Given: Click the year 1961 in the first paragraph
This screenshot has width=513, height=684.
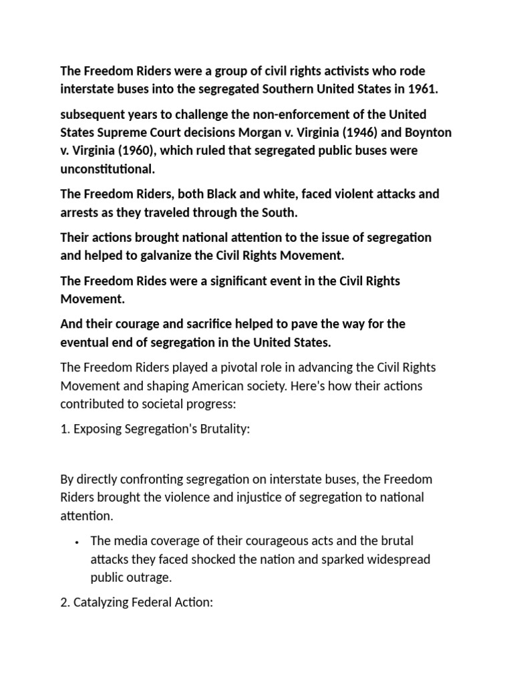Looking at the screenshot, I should coord(422,89).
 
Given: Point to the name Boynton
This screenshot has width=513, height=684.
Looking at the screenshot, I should coord(427,132).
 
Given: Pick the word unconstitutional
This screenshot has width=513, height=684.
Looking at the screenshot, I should coord(108,168).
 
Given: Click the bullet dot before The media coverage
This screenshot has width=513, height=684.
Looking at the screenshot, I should coord(77,541).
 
